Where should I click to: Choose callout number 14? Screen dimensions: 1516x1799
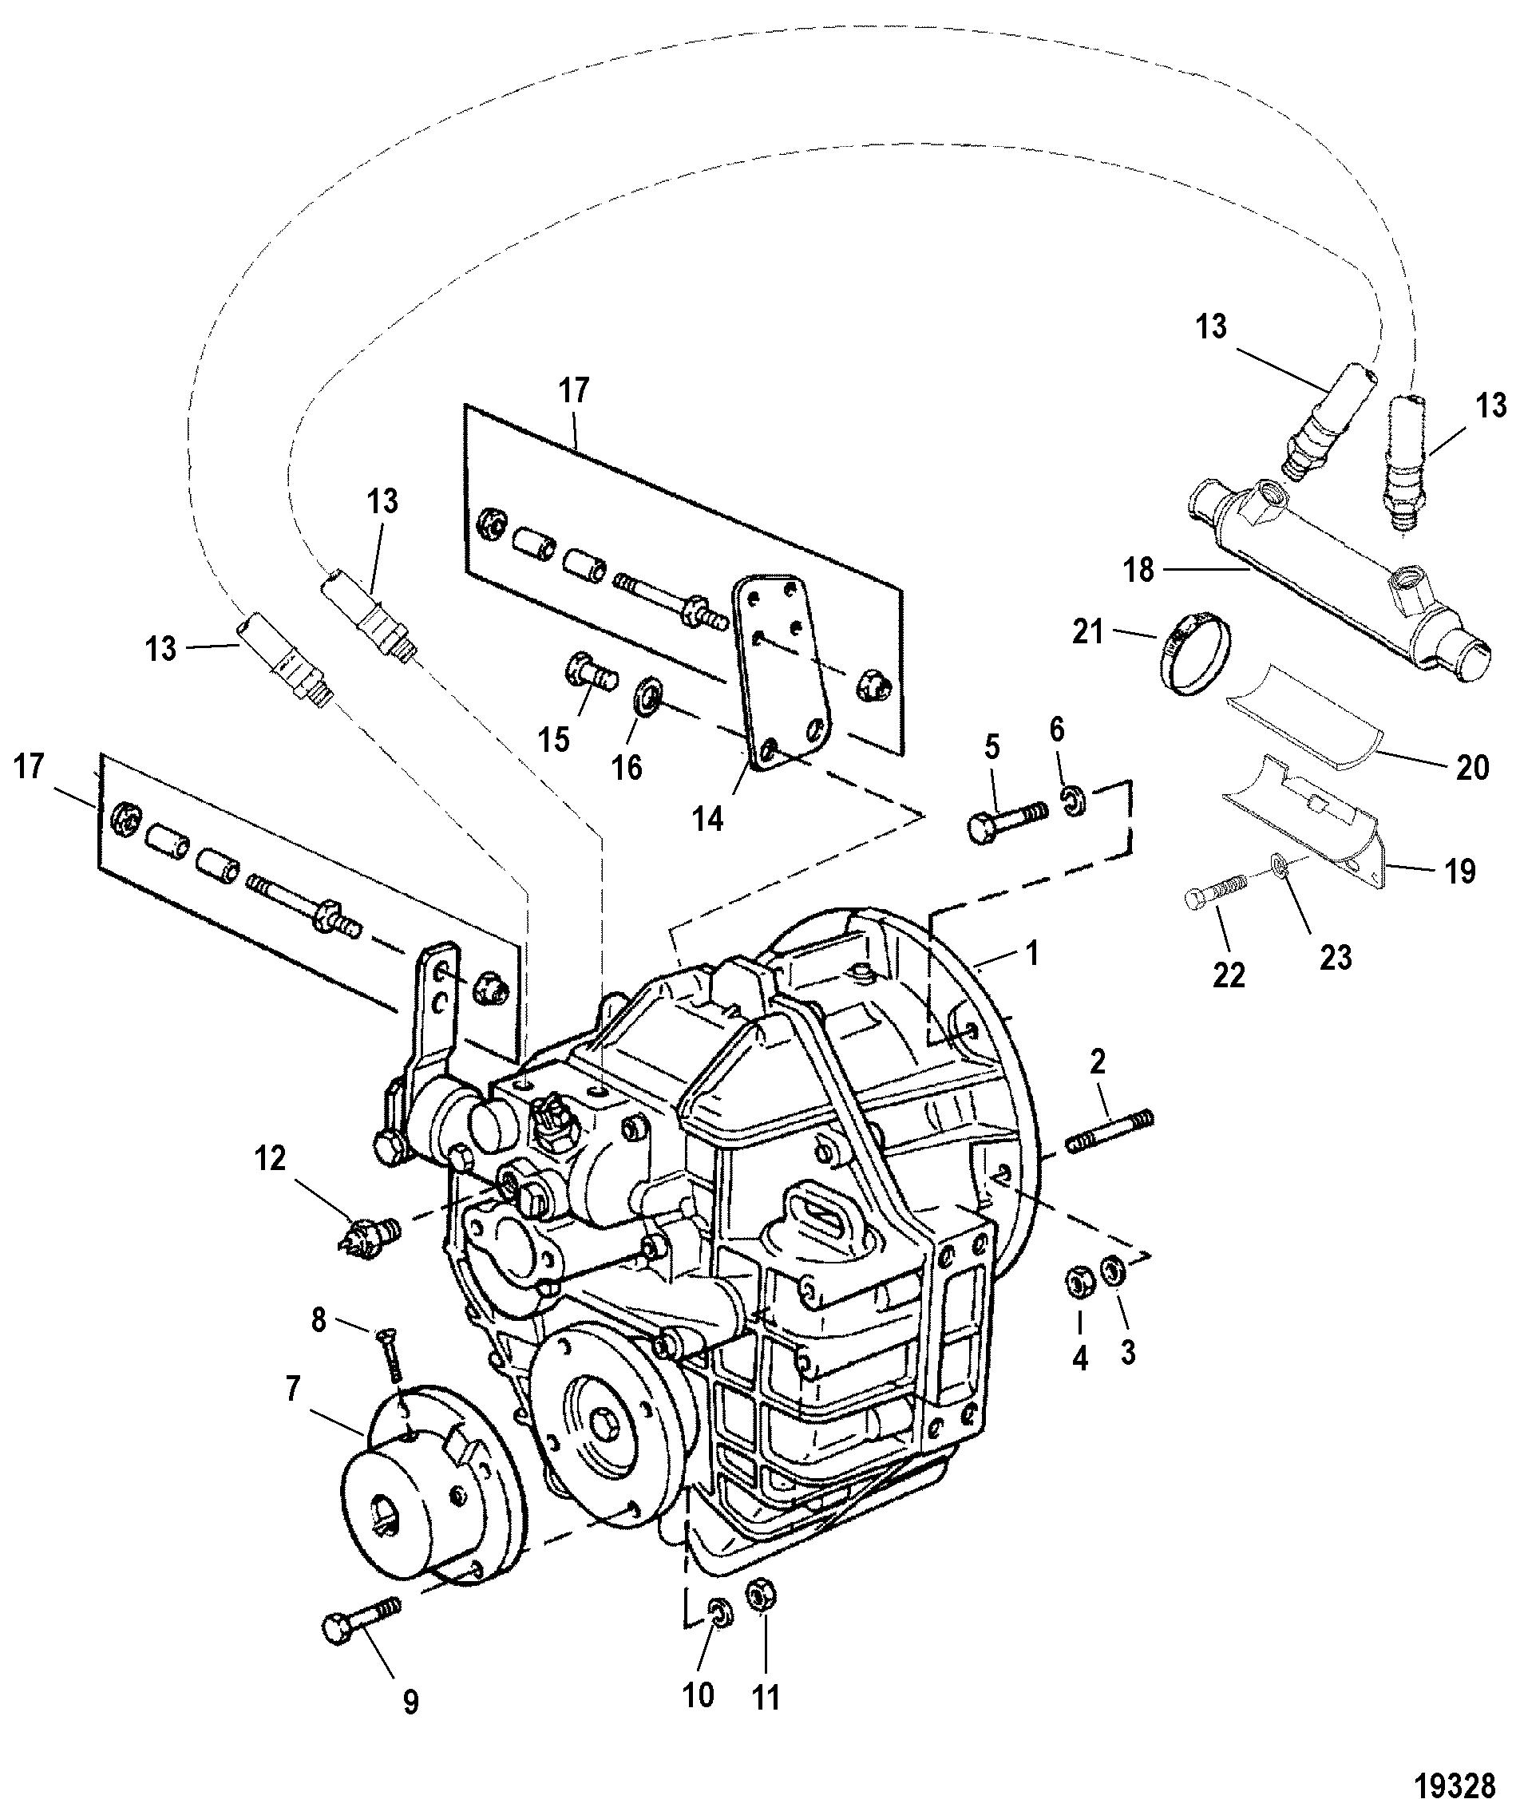[709, 820]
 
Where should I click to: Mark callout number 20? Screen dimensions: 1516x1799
[1472, 767]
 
